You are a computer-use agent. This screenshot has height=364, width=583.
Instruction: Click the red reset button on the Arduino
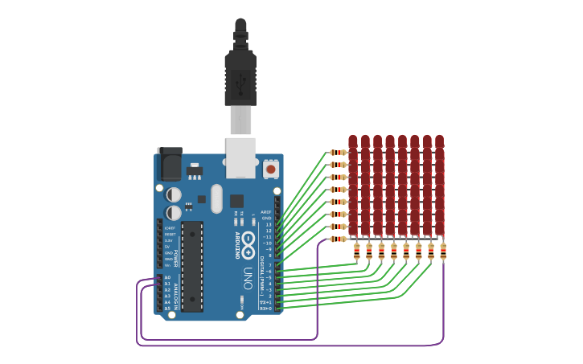click(x=271, y=170)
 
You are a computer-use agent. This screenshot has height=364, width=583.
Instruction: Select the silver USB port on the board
click(x=240, y=157)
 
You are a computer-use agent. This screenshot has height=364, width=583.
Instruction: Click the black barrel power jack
click(x=169, y=164)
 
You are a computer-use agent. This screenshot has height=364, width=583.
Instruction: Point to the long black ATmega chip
click(x=192, y=266)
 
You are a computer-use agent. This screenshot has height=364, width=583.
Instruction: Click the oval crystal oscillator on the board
click(x=216, y=198)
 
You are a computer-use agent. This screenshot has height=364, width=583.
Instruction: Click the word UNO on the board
click(x=248, y=277)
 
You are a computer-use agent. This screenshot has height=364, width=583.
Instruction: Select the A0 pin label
click(x=167, y=277)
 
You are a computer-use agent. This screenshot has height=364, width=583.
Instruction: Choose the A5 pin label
click(x=167, y=308)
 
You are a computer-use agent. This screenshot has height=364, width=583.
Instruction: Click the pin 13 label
click(x=269, y=224)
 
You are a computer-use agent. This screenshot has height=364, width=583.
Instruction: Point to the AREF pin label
click(x=266, y=212)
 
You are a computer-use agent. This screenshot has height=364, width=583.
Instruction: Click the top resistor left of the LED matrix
click(x=339, y=152)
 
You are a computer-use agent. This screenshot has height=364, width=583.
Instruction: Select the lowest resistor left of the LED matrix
click(x=339, y=239)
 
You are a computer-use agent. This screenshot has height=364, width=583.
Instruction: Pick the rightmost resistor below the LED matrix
click(x=443, y=252)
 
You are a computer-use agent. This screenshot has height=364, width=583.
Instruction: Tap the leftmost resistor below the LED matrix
click(x=356, y=252)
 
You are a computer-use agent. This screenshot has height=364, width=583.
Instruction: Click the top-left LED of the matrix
click(x=352, y=143)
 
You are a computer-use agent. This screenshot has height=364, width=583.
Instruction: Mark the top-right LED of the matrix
click(x=439, y=143)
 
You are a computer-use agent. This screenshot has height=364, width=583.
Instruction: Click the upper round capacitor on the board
click(x=174, y=194)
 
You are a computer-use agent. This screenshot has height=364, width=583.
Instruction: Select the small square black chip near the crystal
click(x=236, y=201)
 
